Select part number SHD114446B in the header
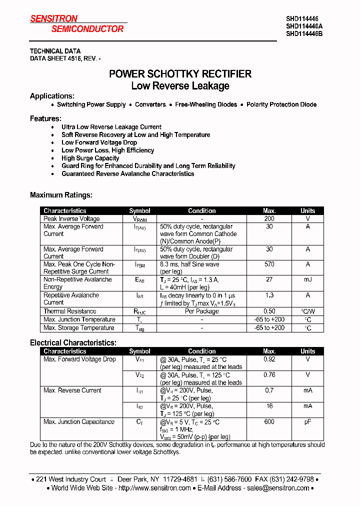pos(304,34)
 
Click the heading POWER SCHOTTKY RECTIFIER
pos(180,74)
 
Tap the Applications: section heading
pos(52,96)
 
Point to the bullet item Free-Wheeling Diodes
pos(206,104)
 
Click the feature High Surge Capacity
pos(90,158)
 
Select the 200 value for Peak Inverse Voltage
pos(269,218)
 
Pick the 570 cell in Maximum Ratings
pos(269,264)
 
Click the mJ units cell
pos(307,280)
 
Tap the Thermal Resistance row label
pos(69,311)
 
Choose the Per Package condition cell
pos(201,311)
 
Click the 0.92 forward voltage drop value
pos(269,359)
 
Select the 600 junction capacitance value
pos(269,421)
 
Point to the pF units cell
pos(307,421)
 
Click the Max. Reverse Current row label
pos(72,390)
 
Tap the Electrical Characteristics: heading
pos(73,343)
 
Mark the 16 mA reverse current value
pos(269,406)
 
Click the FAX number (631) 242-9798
pos(295,479)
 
